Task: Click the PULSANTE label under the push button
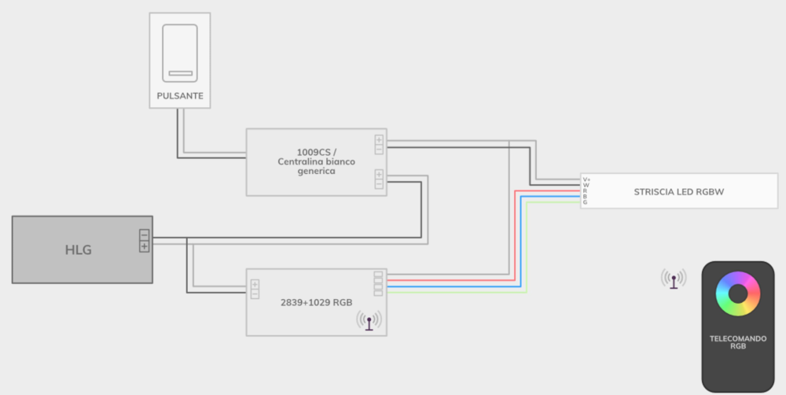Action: pos(179,96)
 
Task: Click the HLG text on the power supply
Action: pos(79,250)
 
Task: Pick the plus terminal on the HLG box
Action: pos(144,246)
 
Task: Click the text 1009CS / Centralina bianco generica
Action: pos(316,161)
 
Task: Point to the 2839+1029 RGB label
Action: pos(316,302)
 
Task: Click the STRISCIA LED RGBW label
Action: pos(679,191)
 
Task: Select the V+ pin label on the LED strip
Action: pos(586,179)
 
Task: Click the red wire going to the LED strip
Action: pos(550,190)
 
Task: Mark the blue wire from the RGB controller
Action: pos(550,196)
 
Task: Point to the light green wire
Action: pos(550,202)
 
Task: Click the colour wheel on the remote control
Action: pos(737,293)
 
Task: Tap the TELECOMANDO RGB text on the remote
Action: pos(737,341)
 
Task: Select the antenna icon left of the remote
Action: pos(673,279)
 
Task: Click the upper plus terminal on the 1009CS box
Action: pos(379,140)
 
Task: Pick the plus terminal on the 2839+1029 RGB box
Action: pos(255,283)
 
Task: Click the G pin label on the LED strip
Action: pos(585,203)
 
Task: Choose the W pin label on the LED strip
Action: pos(586,185)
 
